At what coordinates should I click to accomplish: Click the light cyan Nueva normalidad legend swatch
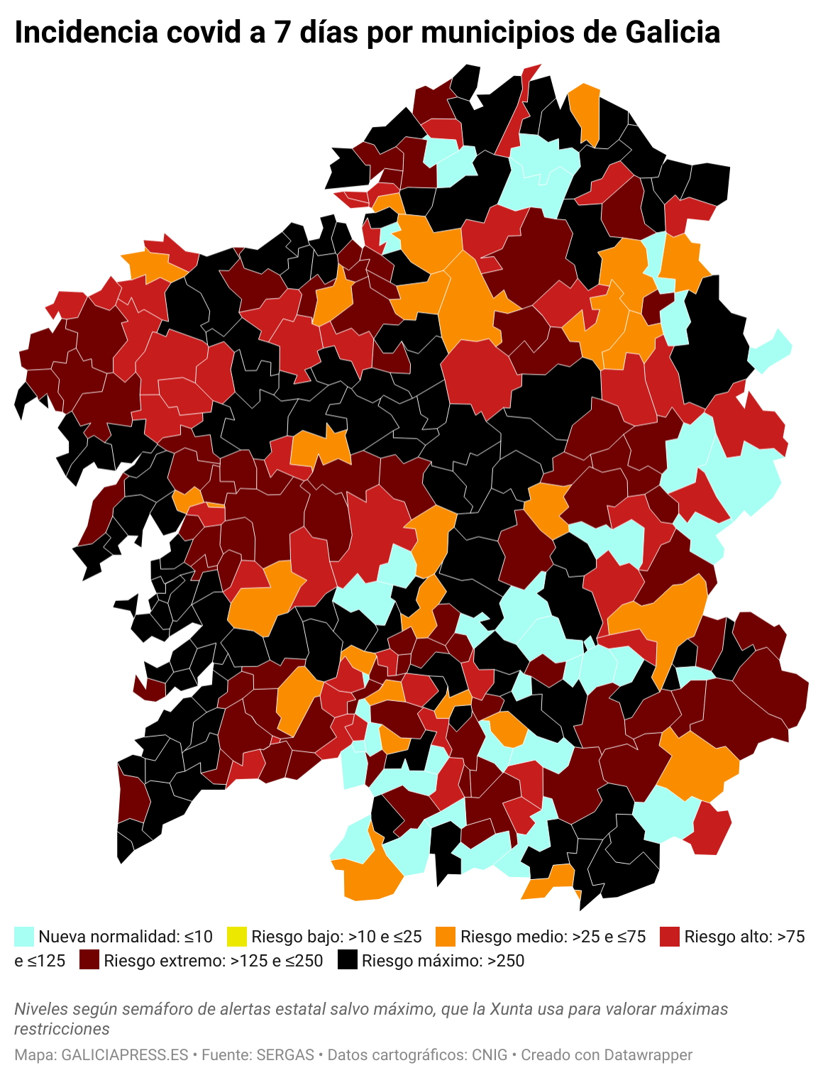coord(24,937)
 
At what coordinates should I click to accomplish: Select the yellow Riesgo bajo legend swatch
coord(236,937)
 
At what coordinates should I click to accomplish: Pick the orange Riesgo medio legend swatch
coord(446,937)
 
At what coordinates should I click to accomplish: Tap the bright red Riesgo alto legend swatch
coord(670,937)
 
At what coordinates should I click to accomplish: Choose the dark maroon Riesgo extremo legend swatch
coord(89,961)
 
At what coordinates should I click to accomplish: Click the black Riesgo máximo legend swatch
coord(347,961)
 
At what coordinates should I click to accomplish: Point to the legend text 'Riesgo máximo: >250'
coord(443,961)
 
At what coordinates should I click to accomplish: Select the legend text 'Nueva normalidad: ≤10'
coord(126,937)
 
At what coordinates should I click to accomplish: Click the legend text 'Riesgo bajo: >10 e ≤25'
coord(336,937)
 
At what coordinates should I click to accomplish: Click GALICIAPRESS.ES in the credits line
coord(125,1055)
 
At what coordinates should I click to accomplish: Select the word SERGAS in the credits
coord(285,1055)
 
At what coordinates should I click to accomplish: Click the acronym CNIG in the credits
coord(490,1055)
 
